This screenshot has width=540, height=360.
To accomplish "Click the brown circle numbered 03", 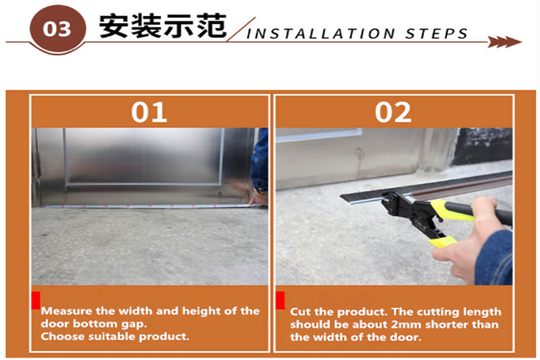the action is point(58,29).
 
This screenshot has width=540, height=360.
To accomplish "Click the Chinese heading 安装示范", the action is point(163,26).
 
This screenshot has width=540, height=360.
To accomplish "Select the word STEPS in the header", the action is point(436,34).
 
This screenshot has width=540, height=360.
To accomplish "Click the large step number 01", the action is point(149,112).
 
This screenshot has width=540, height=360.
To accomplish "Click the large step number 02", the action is point(393,112).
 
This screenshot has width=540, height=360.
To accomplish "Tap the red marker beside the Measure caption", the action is point(36,300).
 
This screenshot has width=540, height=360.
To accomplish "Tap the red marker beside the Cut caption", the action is point(280,300).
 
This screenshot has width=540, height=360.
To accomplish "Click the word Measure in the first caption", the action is point(67,311).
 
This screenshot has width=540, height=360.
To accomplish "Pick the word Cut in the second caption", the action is point(300,312).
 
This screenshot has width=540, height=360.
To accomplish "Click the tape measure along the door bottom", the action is point(155,207).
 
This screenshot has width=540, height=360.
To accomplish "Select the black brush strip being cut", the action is point(427,188).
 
